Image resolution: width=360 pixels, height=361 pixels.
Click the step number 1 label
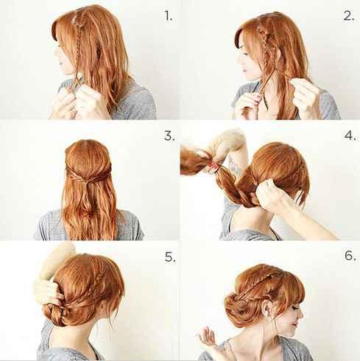(169, 16)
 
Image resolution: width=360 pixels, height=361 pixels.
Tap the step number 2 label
(349, 16)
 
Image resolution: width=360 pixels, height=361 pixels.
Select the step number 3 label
(169, 136)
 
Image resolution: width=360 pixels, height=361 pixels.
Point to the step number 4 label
(350, 136)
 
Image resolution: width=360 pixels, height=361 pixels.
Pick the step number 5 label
(170, 257)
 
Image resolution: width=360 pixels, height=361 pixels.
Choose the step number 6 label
(350, 256)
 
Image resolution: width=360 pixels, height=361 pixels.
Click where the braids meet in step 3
(88, 182)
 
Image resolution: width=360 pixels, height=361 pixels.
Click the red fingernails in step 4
(214, 167)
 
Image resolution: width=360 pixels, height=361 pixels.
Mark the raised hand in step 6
(208, 337)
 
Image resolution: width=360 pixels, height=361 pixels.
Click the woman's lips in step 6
(295, 325)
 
